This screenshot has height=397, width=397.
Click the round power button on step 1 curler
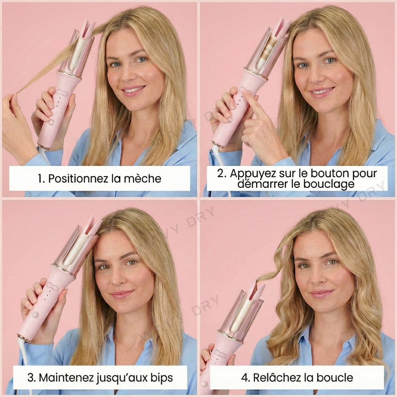tap(51, 123)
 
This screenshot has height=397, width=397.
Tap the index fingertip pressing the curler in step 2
tap(245, 93)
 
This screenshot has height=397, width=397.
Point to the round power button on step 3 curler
tap(35, 315)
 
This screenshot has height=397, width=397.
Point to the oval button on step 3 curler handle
tap(52, 286)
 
